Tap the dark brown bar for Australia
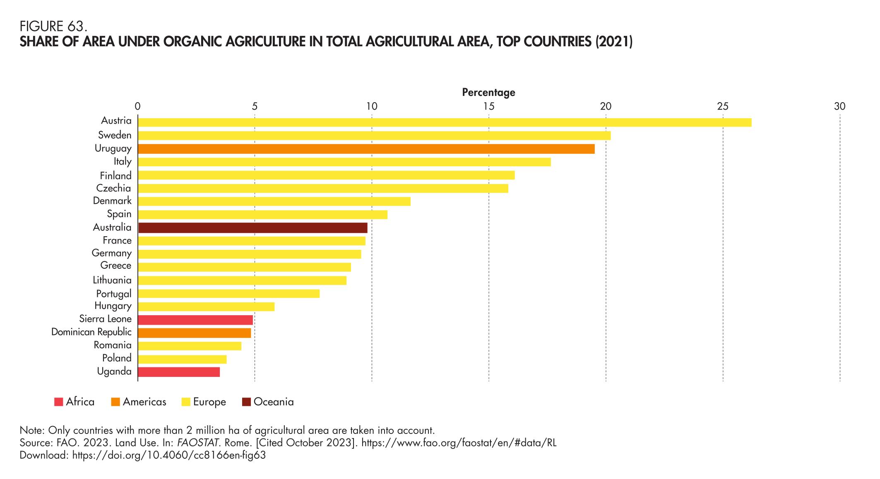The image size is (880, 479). pyautogui.click(x=252, y=228)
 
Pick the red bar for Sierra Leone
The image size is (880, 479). pyautogui.click(x=195, y=320)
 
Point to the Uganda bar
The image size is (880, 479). pyautogui.click(x=178, y=372)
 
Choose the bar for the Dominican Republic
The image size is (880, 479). pyautogui.click(x=194, y=333)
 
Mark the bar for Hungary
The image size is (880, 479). pyautogui.click(x=206, y=307)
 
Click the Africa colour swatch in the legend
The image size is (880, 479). pyautogui.click(x=58, y=402)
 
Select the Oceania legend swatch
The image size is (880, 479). pyautogui.click(x=246, y=402)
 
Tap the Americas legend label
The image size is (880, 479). pyautogui.click(x=144, y=402)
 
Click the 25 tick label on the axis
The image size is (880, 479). pyautogui.click(x=723, y=107)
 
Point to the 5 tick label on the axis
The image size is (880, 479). pyautogui.click(x=255, y=107)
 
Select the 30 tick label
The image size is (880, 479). pyautogui.click(x=839, y=107)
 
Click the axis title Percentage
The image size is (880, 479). pyautogui.click(x=488, y=92)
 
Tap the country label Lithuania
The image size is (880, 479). pyautogui.click(x=112, y=280)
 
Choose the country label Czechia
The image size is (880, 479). pyautogui.click(x=113, y=188)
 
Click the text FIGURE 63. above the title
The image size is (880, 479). pyautogui.click(x=53, y=27)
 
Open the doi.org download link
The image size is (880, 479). pyautogui.click(x=169, y=455)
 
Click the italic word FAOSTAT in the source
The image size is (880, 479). pyautogui.click(x=197, y=443)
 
